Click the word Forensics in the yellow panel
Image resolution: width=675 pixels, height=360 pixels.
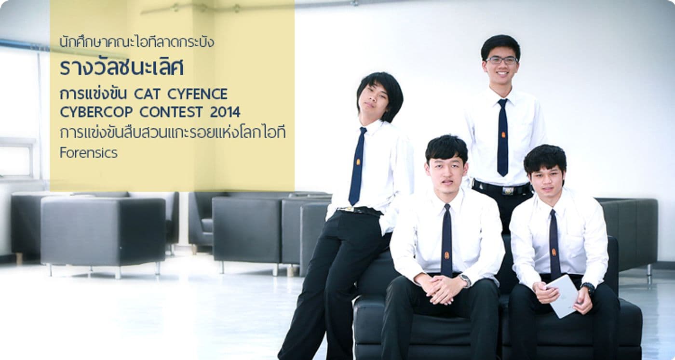tap(88, 153)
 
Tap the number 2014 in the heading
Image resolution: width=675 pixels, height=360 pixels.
tap(225, 112)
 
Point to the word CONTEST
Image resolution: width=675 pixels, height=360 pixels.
tap(171, 112)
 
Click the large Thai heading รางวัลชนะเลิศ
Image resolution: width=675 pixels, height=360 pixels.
tap(121, 68)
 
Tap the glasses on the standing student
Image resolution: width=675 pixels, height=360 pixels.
tap(501, 60)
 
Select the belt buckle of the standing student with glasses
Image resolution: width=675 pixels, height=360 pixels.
tap(507, 190)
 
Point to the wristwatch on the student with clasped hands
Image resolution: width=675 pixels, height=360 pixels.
tap(465, 280)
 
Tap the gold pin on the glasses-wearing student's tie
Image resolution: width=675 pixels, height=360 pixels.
tap(503, 135)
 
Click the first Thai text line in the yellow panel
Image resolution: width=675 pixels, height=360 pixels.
tap(136, 42)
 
